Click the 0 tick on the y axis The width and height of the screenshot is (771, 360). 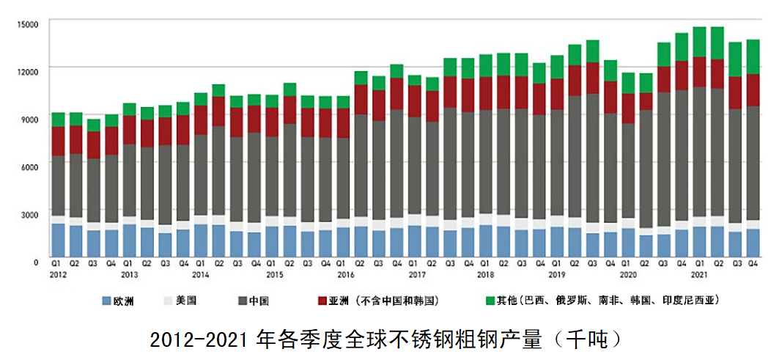34,262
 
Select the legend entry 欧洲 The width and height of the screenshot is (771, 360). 122,300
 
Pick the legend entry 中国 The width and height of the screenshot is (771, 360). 260,300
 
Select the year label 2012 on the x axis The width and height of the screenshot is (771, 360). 58,274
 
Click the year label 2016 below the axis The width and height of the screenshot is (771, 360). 344,274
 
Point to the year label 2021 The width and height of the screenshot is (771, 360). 699,274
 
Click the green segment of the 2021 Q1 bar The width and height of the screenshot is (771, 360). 699,42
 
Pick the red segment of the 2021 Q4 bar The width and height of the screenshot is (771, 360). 752,89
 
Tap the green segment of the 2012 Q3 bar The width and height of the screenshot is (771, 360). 93,125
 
